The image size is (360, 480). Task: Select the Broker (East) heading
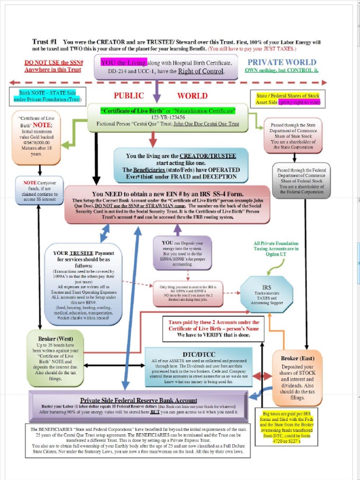tap(298, 358)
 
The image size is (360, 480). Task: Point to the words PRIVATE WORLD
tap(282, 62)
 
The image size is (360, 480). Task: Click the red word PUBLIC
tap(128, 96)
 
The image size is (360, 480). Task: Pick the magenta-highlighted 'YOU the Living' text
tap(124, 62)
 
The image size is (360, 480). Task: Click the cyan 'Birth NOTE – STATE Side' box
tap(47, 96)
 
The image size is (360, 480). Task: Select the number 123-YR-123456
tap(168, 117)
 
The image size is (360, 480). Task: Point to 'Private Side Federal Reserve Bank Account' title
tap(138, 400)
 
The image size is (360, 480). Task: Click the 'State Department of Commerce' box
tap(293, 135)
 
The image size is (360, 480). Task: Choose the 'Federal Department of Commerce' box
tap(301, 180)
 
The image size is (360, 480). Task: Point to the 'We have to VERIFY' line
tap(214, 335)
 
